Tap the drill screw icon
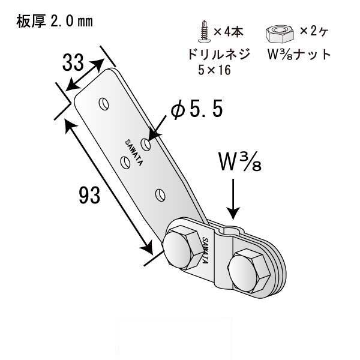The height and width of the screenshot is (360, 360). pyautogui.click(x=204, y=31)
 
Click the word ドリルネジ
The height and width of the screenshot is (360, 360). pyautogui.click(x=218, y=55)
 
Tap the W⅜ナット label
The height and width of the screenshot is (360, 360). pyautogui.click(x=299, y=55)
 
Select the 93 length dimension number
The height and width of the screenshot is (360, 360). pyautogui.click(x=89, y=195)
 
